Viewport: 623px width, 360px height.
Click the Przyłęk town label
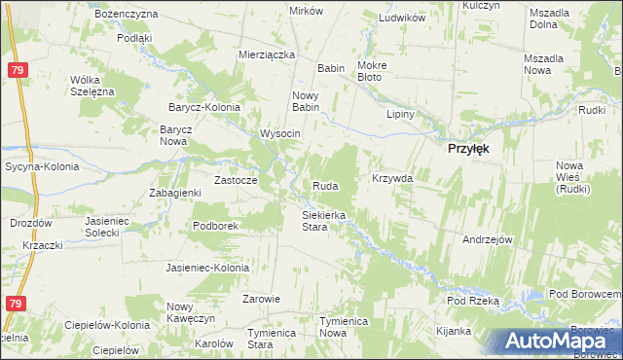point(467,149)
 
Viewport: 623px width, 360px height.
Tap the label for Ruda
point(325,185)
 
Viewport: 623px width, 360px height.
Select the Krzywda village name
point(392,179)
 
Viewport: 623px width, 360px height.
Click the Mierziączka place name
point(267,55)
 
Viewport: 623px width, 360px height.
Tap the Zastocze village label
point(236,180)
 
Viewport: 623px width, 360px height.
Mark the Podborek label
point(216,225)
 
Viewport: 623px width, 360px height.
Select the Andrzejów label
point(488,239)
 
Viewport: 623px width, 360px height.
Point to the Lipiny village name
point(401,114)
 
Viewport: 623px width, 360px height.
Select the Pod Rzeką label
point(473,302)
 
